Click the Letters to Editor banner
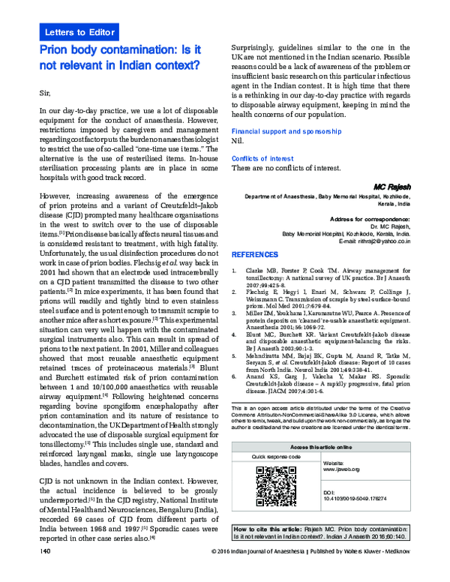coord(80,32)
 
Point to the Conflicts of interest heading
coord(262,157)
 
